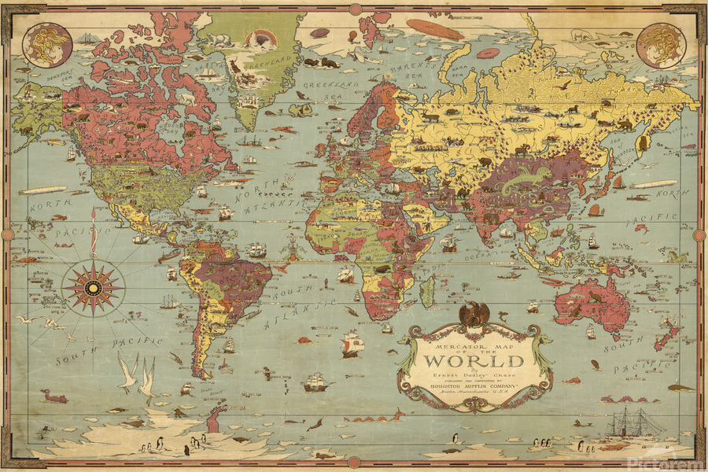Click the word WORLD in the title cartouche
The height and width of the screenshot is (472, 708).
point(473,362)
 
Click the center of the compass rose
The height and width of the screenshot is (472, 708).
point(93,286)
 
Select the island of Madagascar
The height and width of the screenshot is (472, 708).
point(427,291)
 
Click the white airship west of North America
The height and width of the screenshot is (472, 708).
point(43,190)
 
